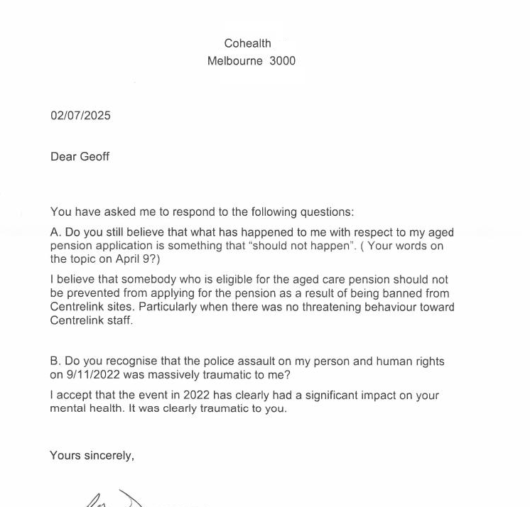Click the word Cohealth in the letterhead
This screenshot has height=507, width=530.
(x=247, y=43)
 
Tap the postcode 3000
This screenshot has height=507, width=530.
(x=282, y=61)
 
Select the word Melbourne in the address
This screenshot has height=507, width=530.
(x=234, y=61)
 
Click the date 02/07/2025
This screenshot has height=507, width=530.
(x=80, y=116)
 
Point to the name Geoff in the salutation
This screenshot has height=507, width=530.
(x=94, y=157)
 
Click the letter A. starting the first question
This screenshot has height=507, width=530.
(x=56, y=232)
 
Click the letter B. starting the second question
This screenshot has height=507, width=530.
(x=56, y=361)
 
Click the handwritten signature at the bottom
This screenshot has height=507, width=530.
(x=114, y=498)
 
